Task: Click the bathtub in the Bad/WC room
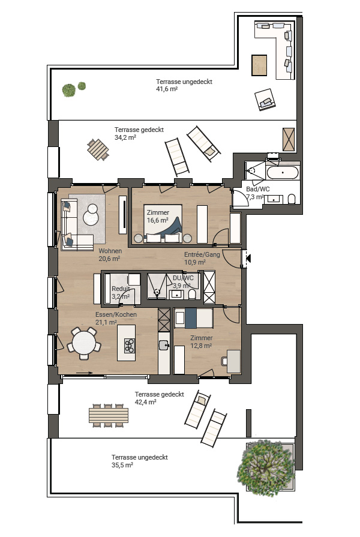282,172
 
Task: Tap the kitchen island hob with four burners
130,346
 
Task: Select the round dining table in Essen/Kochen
84,343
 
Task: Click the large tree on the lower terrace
265,468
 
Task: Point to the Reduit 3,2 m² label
121,293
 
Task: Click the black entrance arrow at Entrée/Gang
248,258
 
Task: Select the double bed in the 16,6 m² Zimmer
163,224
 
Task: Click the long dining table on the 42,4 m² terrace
109,415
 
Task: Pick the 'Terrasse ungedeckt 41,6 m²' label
184,85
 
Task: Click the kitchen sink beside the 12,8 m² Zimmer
164,345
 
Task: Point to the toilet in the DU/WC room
192,294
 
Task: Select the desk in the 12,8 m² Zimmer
233,361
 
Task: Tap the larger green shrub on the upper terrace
69,91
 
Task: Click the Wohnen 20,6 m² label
110,255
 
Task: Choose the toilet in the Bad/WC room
292,199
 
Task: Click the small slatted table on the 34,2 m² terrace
98,149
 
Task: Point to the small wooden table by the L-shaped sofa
259,65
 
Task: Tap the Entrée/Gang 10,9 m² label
202,258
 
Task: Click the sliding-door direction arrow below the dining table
84,373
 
